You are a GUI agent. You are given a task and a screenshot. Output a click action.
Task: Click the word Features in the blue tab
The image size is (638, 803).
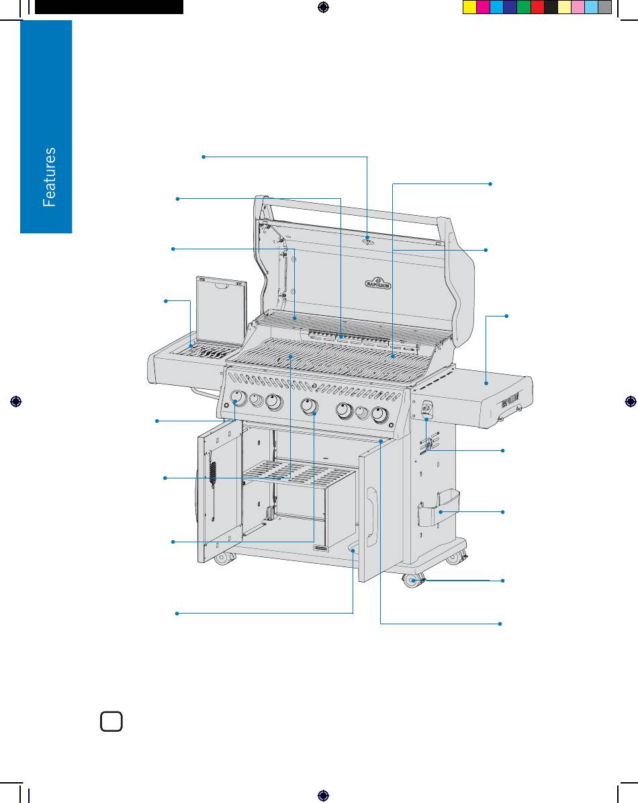pos(49,177)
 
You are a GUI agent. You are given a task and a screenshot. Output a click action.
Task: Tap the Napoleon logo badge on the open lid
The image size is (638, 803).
pos(377,283)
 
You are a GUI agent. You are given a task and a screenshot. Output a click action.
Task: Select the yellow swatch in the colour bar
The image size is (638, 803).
pos(469,7)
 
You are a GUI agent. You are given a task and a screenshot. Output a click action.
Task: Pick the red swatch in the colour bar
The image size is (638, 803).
pos(537,7)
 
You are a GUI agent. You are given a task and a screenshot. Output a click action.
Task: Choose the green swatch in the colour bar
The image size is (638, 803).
pos(523,7)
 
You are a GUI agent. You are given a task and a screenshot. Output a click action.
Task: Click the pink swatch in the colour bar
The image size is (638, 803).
pos(578,7)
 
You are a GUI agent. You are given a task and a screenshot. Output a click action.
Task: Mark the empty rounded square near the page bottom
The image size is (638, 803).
pos(111,722)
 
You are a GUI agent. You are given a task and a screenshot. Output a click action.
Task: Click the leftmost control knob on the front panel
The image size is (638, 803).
pos(238,398)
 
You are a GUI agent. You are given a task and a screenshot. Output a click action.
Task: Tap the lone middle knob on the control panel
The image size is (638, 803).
pos(308,406)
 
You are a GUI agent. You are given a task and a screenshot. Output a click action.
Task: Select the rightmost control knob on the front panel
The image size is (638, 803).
pos(379,415)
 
